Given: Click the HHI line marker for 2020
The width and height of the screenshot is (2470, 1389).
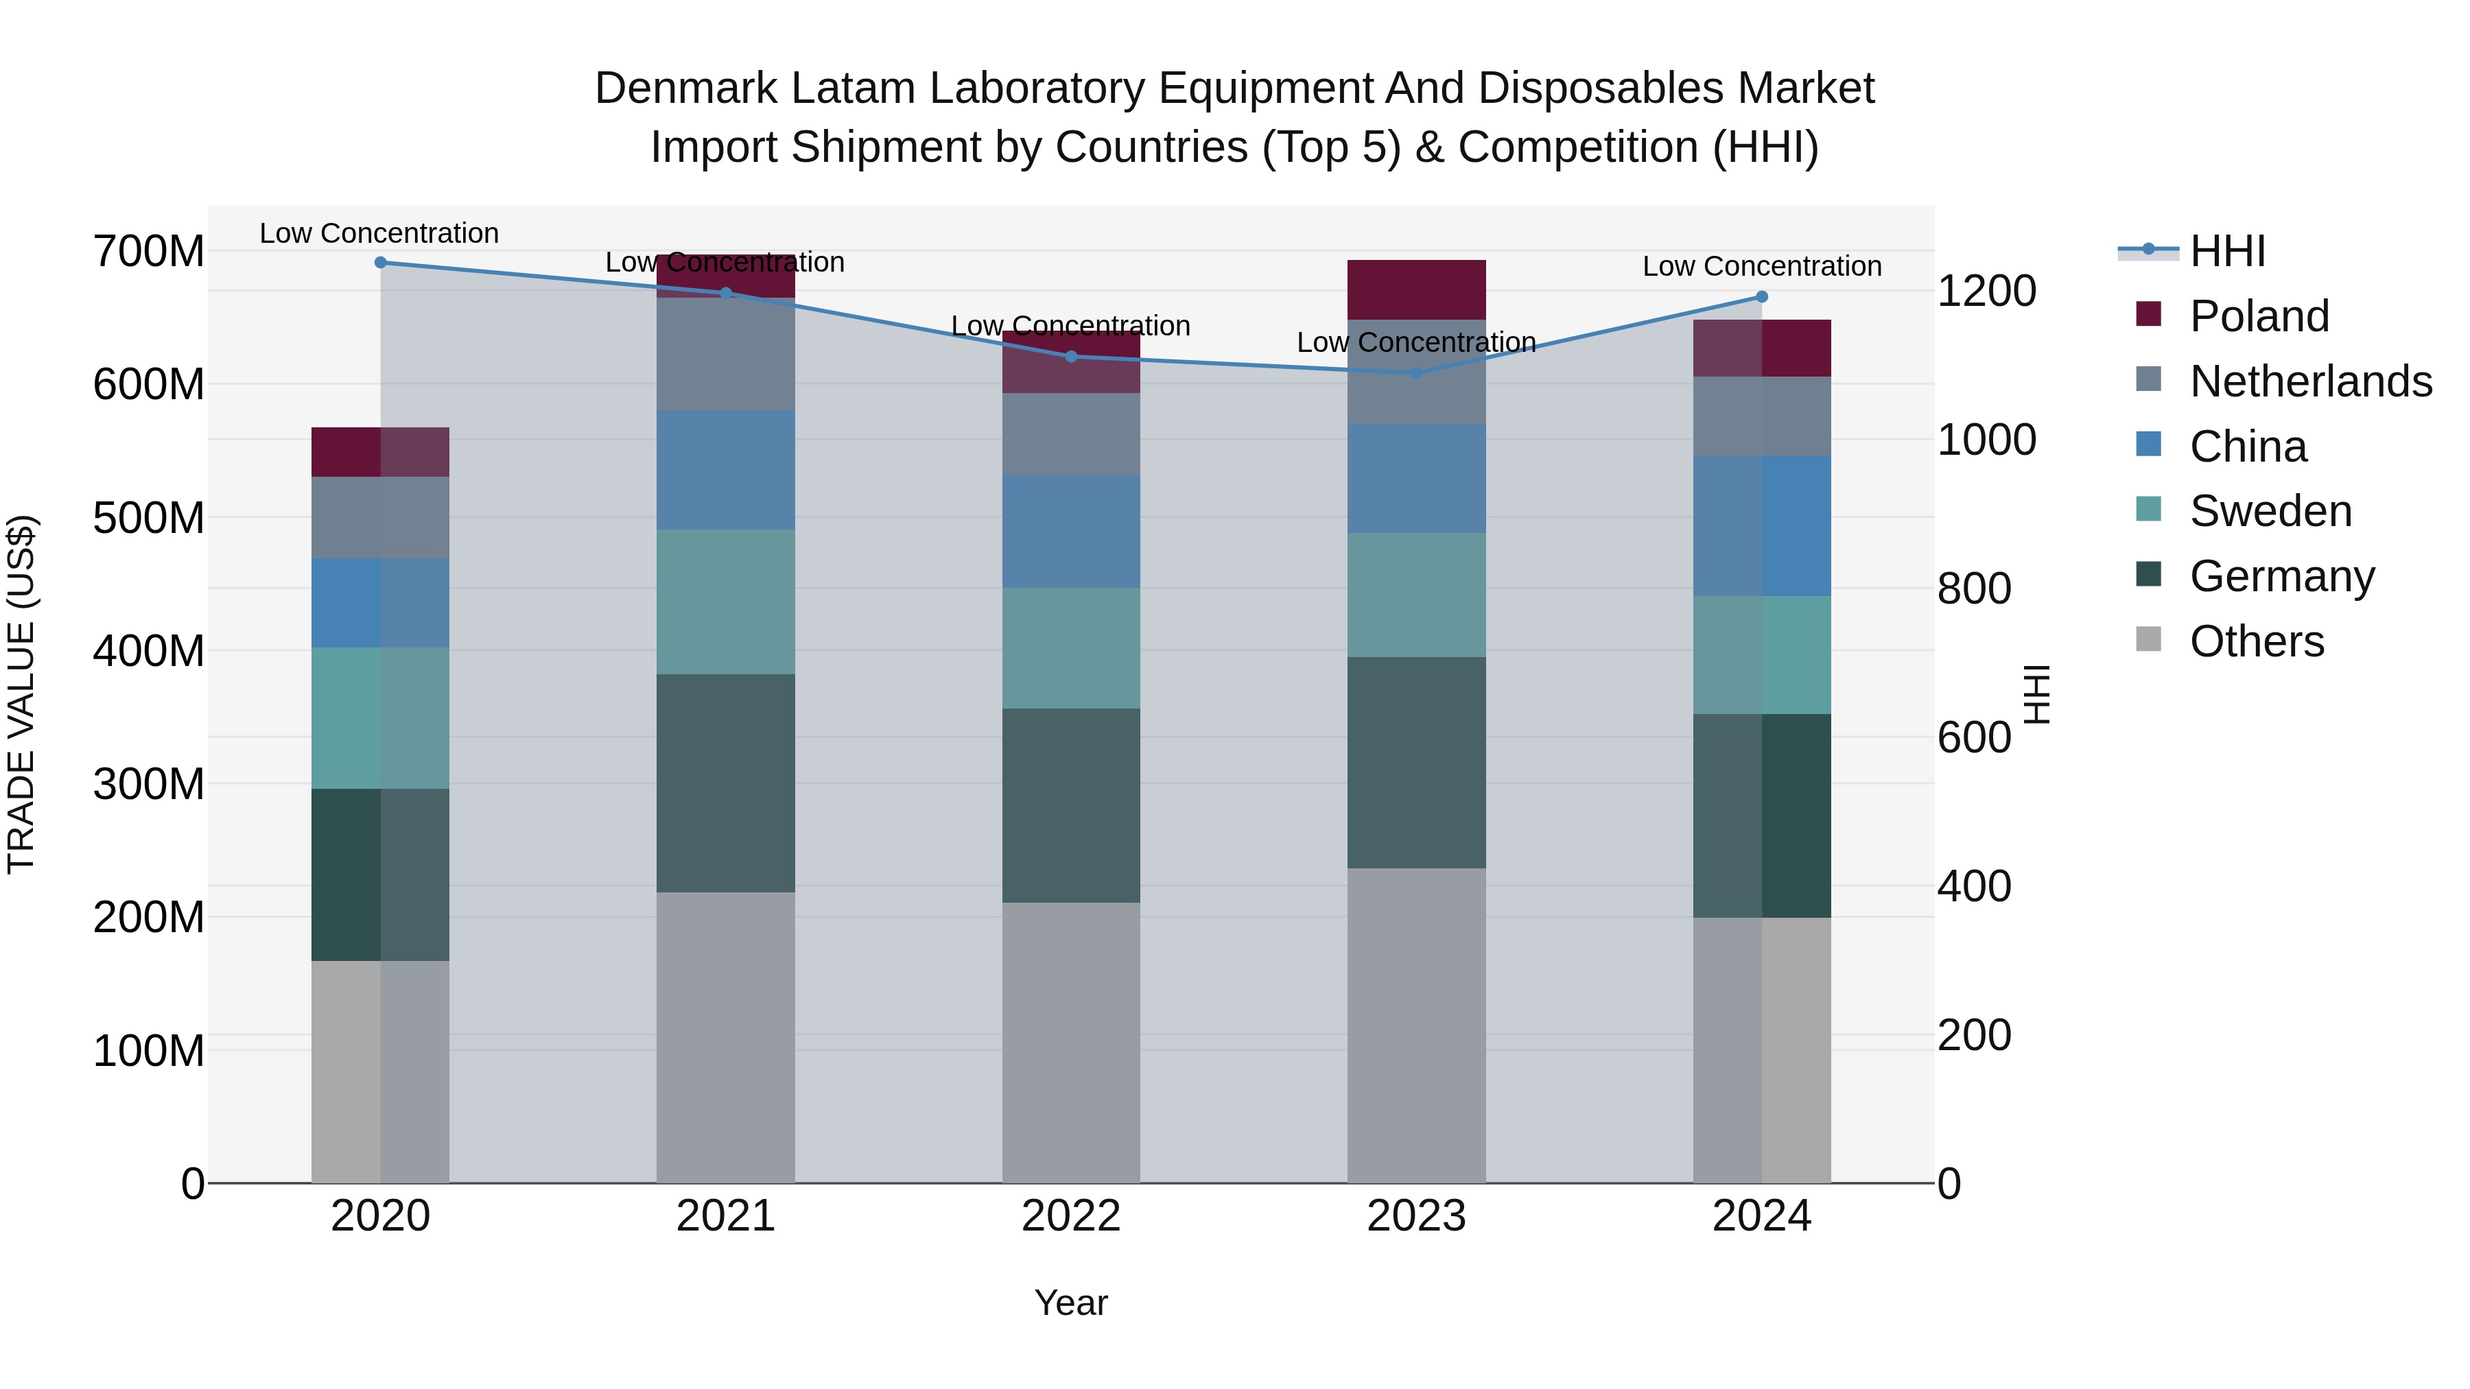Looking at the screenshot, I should click(x=381, y=263).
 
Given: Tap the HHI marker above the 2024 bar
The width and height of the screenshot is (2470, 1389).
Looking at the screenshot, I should click(x=1761, y=297).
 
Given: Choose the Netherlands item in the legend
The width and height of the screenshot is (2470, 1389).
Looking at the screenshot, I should click(x=2310, y=381).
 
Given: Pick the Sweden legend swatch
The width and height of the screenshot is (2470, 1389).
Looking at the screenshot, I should click(x=2149, y=509).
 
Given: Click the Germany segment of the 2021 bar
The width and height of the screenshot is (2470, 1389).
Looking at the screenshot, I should click(x=726, y=783).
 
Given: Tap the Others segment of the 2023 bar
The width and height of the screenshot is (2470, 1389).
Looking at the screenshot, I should click(x=1416, y=1025).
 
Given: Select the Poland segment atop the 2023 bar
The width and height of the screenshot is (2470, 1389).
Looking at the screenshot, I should click(x=1416, y=289).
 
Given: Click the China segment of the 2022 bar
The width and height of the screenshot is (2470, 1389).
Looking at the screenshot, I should click(x=1071, y=532).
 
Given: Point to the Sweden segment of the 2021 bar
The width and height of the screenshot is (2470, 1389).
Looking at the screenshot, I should click(x=726, y=602).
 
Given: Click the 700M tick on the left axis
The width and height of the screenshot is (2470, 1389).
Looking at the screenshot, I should click(x=149, y=252).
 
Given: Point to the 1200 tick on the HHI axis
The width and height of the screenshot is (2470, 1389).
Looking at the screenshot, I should click(x=1986, y=292).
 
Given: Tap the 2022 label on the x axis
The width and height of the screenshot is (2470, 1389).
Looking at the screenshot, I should click(x=1071, y=1216).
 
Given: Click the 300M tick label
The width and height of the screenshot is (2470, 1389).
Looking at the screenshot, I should click(x=149, y=784).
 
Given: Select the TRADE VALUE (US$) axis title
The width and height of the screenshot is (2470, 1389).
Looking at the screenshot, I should click(x=21, y=694).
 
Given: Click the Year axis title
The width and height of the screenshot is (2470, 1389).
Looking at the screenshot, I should click(x=1071, y=1303).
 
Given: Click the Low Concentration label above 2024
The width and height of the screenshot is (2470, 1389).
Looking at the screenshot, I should click(x=1761, y=267).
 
